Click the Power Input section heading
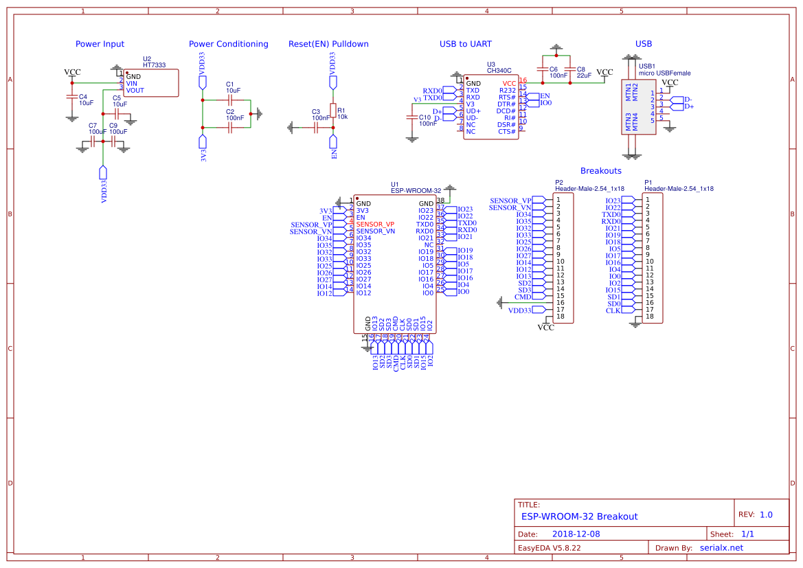point(100,44)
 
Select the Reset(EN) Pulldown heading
point(328,44)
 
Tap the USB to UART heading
point(465,44)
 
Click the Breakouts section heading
point(600,170)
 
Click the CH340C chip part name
point(499,70)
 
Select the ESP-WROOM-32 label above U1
point(416,191)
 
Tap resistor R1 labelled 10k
point(334,111)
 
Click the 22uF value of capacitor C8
point(584,76)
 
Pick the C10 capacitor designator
point(425,117)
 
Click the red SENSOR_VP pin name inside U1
point(375,225)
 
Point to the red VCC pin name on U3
point(508,83)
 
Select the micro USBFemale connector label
point(664,73)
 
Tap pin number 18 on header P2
point(560,317)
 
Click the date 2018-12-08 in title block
point(576,534)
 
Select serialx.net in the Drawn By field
point(721,547)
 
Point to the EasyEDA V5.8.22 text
point(549,548)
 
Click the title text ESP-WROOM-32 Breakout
point(579,516)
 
